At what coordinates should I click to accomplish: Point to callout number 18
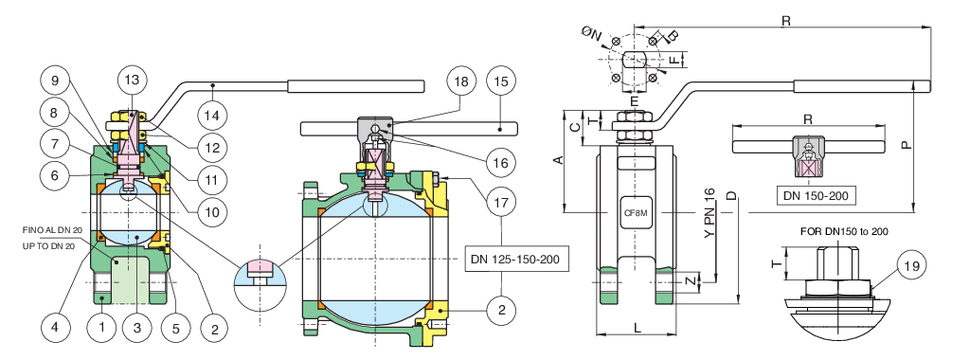tap(461, 82)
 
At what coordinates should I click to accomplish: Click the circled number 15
tap(502, 82)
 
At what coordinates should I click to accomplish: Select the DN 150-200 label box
tap(817, 196)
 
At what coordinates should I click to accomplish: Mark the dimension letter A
tap(559, 160)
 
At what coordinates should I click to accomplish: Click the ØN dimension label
tap(592, 33)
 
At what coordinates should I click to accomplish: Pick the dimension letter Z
tap(690, 281)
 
